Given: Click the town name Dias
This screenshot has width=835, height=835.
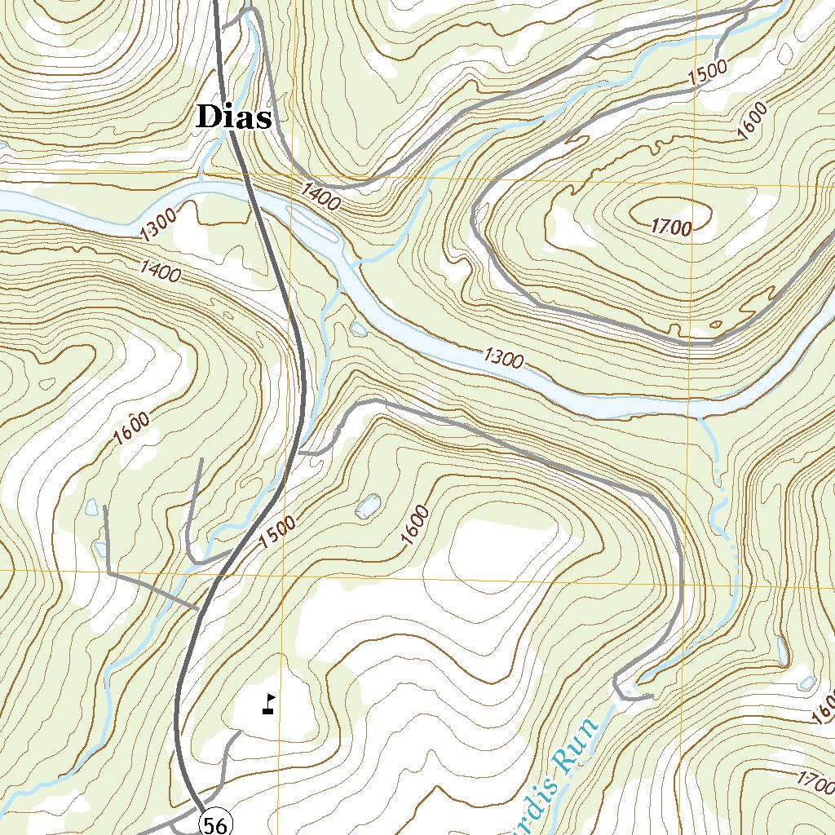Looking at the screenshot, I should click(x=233, y=118).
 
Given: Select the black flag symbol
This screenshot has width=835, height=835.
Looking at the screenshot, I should click(x=268, y=705).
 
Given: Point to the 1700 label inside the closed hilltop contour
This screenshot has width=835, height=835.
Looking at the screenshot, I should click(x=671, y=228).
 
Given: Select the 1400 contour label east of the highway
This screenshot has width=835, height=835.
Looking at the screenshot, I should click(x=320, y=197).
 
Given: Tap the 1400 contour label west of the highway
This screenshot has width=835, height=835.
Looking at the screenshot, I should click(x=160, y=270).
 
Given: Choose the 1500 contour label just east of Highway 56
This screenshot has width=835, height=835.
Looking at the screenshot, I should click(x=277, y=532).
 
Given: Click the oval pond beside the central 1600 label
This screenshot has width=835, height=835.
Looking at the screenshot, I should click(x=368, y=507).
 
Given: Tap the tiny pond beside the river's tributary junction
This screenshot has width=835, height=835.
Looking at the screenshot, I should click(x=358, y=329).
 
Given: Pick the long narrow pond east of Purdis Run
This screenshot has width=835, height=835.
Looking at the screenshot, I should click(x=782, y=650).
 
